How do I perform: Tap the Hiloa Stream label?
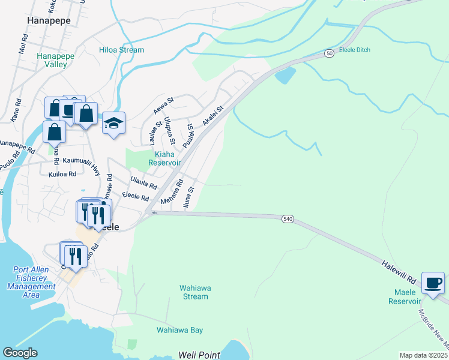pyautogui.click(x=122, y=50)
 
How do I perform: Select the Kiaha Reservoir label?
pyautogui.click(x=164, y=158)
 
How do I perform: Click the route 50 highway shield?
pyautogui.click(x=330, y=53)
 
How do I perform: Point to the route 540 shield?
pyautogui.click(x=288, y=219)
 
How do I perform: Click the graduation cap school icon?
pyautogui.click(x=113, y=124)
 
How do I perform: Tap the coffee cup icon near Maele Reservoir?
pyautogui.click(x=433, y=283)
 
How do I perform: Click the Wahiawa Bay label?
pyautogui.click(x=179, y=330)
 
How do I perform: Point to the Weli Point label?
pyautogui.click(x=199, y=355)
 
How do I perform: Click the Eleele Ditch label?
pyautogui.click(x=355, y=50)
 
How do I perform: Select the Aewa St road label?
pyautogui.click(x=163, y=105)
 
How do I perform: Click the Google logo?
pyautogui.click(x=20, y=353)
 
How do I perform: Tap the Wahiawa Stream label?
pyautogui.click(x=195, y=292)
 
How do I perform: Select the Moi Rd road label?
pyautogui.click(x=23, y=44)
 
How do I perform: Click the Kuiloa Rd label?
pyautogui.click(x=62, y=174)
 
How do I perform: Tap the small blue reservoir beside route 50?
pyautogui.click(x=285, y=75)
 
